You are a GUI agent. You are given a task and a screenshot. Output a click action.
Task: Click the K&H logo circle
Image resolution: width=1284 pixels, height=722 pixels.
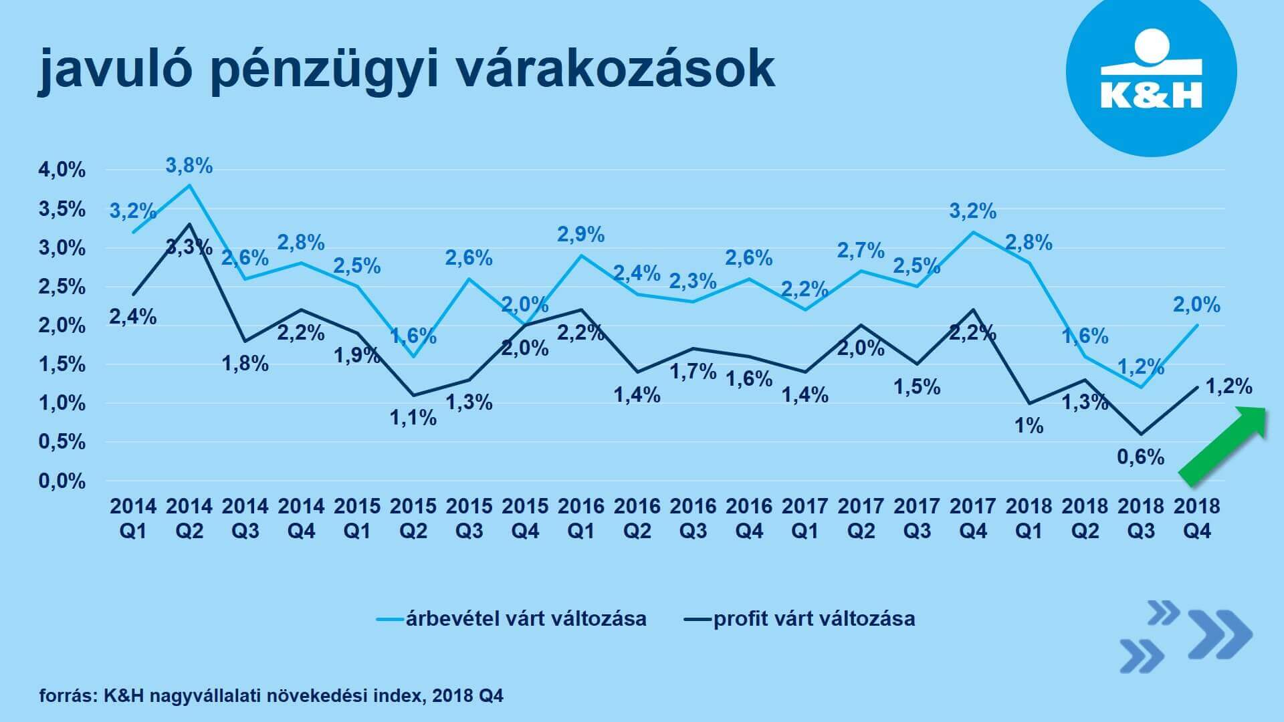tap(1150, 72)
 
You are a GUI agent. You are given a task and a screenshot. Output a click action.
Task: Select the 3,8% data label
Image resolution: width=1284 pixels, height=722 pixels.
tap(189, 166)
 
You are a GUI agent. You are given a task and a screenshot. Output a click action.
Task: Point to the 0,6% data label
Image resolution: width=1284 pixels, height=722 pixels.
tap(1141, 457)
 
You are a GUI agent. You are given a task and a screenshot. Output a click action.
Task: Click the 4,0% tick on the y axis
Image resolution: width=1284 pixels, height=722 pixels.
tap(62, 170)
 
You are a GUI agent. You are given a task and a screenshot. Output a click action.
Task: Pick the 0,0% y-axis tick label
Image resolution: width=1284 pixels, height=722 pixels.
tap(62, 481)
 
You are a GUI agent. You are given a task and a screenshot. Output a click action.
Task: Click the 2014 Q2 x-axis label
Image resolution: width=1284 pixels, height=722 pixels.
tap(189, 518)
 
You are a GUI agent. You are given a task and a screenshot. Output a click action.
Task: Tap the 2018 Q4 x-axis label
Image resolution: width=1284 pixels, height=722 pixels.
tap(1197, 518)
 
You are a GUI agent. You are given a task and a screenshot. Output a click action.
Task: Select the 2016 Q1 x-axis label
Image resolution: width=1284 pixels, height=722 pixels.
tap(581, 518)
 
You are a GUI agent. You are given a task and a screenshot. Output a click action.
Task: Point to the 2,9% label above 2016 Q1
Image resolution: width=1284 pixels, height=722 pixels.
tap(581, 235)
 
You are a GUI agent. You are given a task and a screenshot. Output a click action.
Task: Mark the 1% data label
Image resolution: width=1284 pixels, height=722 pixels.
tap(1029, 426)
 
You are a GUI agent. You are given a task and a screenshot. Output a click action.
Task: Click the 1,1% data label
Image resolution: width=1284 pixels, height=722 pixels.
tap(413, 418)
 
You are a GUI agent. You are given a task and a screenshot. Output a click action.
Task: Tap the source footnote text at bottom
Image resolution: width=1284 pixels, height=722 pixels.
tap(271, 696)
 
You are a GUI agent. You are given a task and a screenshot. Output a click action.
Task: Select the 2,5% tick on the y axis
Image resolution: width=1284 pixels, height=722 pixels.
tap(62, 287)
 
